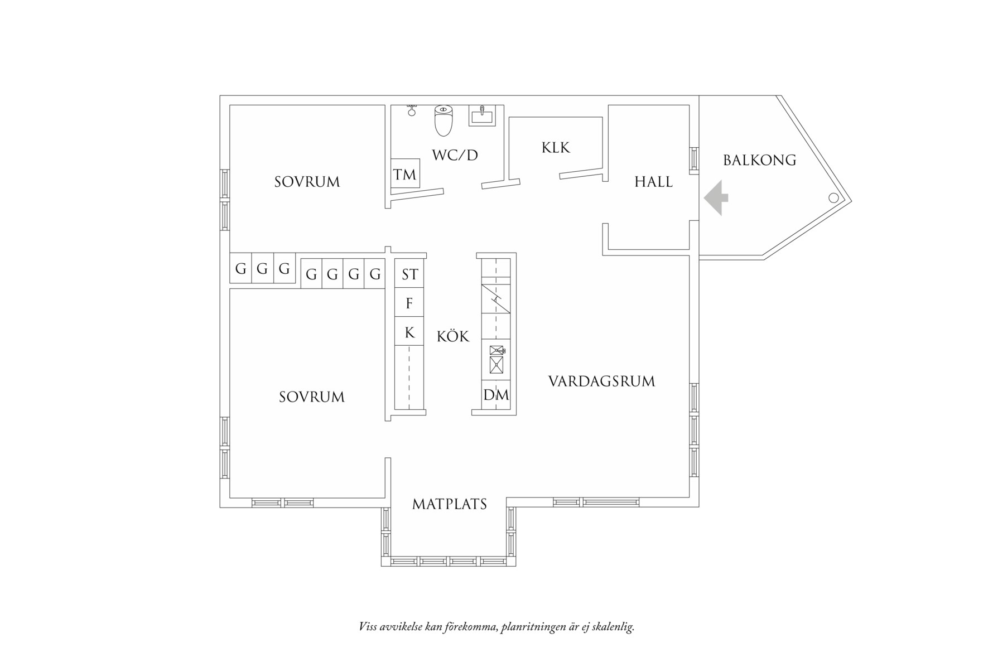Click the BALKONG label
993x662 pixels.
pyautogui.click(x=759, y=161)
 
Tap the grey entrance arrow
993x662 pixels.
pyautogui.click(x=716, y=198)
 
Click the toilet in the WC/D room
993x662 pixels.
pyautogui.click(x=444, y=120)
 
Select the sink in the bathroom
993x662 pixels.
pyautogui.click(x=481, y=116)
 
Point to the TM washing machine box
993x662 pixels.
pyautogui.click(x=405, y=175)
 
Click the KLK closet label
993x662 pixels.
pyautogui.click(x=556, y=148)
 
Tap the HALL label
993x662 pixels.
pyautogui.click(x=653, y=182)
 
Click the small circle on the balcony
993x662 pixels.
pyautogui.click(x=833, y=197)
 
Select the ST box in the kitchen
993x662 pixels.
pyautogui.click(x=409, y=274)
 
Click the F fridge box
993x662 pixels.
pyautogui.click(x=409, y=303)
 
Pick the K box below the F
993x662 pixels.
pyautogui.click(x=409, y=333)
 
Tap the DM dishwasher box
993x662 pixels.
pyautogui.click(x=496, y=395)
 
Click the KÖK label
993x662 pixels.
pyautogui.click(x=453, y=336)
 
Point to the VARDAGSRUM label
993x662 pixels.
pyautogui.click(x=601, y=381)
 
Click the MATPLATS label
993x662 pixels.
pyautogui.click(x=450, y=504)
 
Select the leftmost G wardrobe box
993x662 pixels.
pyautogui.click(x=241, y=269)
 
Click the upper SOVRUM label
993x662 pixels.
pyautogui.click(x=307, y=182)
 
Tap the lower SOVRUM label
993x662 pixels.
pyautogui.click(x=312, y=397)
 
